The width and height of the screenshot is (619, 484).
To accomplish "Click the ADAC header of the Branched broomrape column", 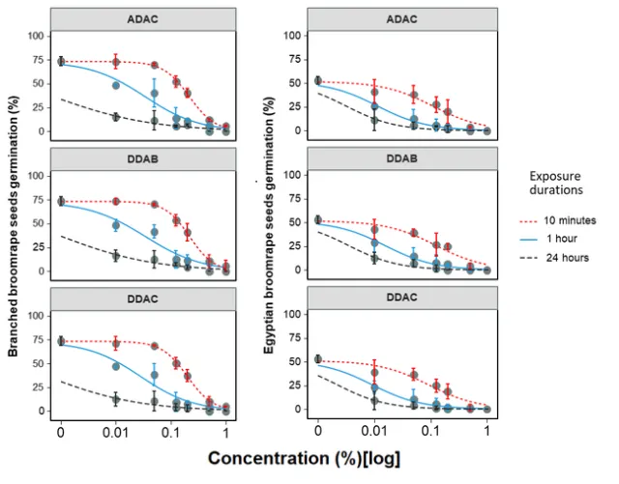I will click(144, 19).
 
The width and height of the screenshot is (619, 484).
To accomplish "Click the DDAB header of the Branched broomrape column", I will click(144, 159).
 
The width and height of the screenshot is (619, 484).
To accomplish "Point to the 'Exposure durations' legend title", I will click(562, 185).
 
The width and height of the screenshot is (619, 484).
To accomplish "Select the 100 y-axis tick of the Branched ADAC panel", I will click(39, 36).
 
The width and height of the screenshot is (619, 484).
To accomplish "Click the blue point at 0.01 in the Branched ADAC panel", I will click(116, 85).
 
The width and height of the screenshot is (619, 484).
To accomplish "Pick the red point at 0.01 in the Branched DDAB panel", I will click(116, 202).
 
